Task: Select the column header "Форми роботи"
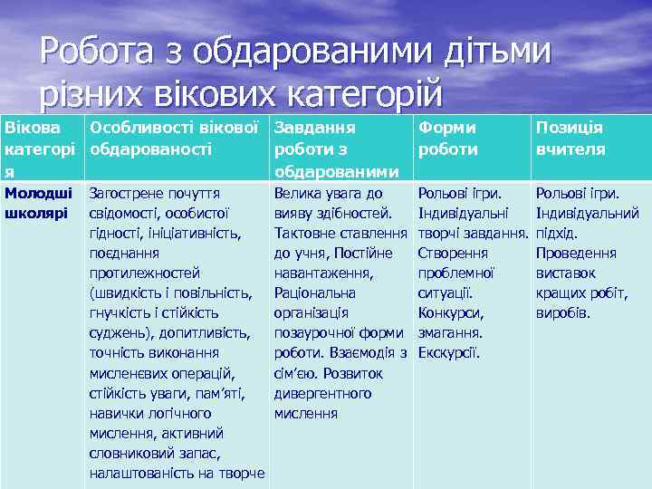click(446, 139)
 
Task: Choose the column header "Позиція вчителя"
click(570, 139)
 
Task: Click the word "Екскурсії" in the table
click(449, 352)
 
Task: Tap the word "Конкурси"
click(451, 312)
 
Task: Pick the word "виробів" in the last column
click(563, 312)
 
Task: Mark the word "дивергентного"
click(322, 393)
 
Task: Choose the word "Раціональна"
click(314, 292)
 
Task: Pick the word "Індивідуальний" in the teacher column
click(588, 213)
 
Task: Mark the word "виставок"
click(566, 273)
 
